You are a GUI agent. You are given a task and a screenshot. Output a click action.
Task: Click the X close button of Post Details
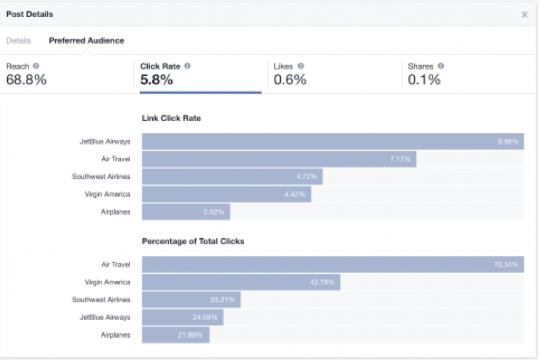tap(524, 15)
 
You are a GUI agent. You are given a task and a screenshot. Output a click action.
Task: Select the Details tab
tap(18, 41)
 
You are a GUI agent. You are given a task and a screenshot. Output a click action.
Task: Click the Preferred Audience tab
tap(86, 41)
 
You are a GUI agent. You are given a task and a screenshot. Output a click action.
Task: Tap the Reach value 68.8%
tap(26, 80)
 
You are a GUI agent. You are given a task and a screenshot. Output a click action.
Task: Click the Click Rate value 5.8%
tap(157, 80)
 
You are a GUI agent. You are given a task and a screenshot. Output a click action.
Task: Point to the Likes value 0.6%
tap(290, 80)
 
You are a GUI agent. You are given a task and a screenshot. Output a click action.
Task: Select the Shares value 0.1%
tap(424, 80)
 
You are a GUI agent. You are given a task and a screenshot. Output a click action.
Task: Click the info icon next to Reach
tap(36, 66)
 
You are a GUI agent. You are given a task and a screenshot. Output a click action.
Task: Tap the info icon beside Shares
tap(441, 66)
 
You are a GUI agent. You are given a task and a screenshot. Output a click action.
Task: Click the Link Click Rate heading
tap(171, 118)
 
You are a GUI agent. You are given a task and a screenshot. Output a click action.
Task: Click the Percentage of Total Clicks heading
tap(193, 241)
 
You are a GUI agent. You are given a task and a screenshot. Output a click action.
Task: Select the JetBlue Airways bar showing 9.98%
tap(332, 141)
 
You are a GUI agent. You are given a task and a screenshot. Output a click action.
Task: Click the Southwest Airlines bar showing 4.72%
tap(232, 177)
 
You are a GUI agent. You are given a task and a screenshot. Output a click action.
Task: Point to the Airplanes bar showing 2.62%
tap(186, 212)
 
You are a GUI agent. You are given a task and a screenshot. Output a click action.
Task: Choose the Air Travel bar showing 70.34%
tap(332, 264)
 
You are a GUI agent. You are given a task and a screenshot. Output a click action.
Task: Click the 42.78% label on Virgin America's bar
tap(322, 282)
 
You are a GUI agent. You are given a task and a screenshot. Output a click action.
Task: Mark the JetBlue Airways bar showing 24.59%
tap(183, 317)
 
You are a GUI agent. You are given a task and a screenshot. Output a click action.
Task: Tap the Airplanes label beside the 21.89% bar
tap(115, 335)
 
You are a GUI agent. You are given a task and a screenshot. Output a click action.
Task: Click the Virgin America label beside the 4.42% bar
tap(107, 195)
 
